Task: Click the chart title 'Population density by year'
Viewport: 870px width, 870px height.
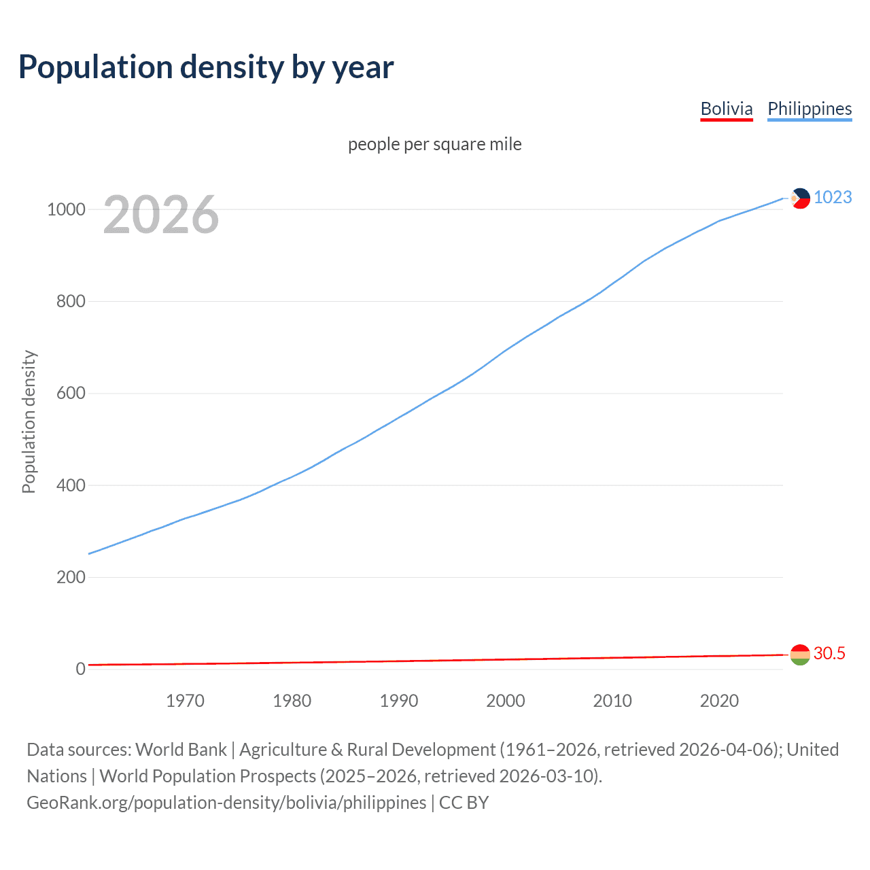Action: coord(206,67)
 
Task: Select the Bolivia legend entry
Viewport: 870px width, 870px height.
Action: coord(727,109)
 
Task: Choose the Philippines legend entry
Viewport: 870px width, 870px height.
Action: coord(810,109)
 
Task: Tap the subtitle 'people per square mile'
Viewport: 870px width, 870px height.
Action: coord(434,145)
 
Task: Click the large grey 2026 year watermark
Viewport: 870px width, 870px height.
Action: coord(161,215)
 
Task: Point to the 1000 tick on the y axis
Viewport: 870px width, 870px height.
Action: coord(66,209)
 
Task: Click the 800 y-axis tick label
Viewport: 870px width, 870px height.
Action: coord(71,301)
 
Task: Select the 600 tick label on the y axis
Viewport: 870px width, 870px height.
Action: coord(71,394)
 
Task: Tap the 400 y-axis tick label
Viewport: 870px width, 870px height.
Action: coord(71,485)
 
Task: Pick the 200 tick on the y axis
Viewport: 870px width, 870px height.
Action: coord(71,577)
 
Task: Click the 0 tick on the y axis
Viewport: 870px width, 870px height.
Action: coord(80,669)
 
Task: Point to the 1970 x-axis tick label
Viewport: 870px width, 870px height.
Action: coord(185,701)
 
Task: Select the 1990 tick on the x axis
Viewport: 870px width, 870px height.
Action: coord(399,701)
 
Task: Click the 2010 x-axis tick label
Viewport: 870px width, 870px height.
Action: coord(612,701)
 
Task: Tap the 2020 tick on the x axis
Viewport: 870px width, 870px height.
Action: coord(719,701)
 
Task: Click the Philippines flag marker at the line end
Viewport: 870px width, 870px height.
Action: coord(800,198)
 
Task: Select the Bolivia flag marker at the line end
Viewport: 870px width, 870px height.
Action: coord(800,655)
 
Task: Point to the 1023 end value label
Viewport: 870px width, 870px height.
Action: coord(833,197)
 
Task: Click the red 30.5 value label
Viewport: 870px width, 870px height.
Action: coord(829,653)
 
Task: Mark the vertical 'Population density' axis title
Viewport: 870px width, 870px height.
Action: coord(29,421)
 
